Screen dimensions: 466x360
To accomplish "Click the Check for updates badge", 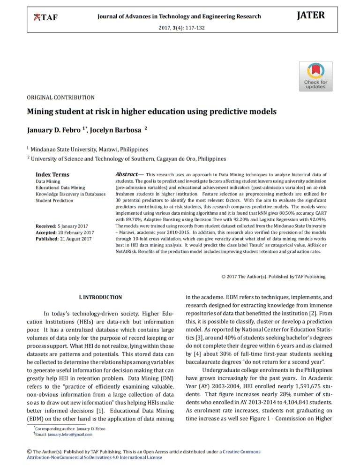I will [316, 76].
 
